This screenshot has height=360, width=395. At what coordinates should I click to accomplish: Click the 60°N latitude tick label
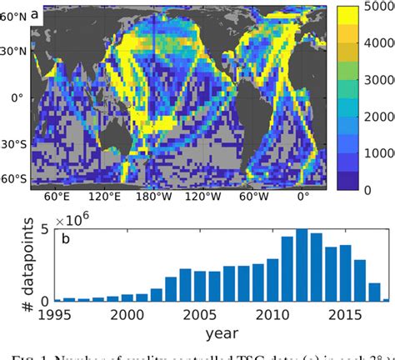coord(14,15)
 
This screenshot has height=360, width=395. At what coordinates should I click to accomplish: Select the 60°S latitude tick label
coord(14,179)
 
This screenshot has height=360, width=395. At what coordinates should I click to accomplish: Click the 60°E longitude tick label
coord(57,199)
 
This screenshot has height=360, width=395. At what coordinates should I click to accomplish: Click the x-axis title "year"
coord(222,334)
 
